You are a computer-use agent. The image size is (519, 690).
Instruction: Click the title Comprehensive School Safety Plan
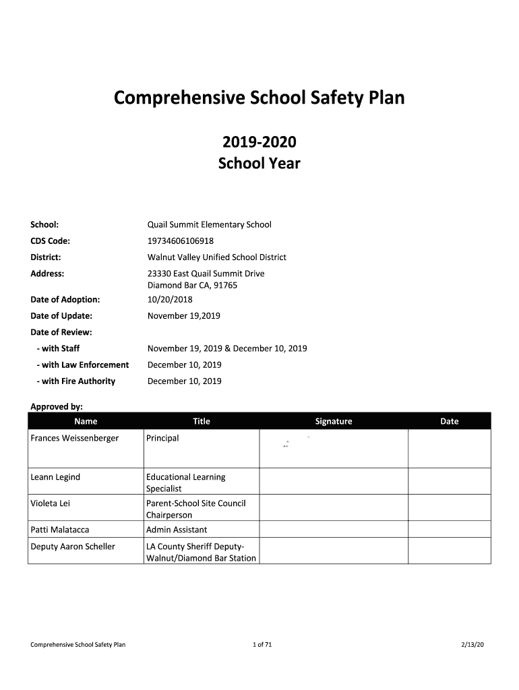point(259,98)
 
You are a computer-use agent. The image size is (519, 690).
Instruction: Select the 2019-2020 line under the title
point(259,143)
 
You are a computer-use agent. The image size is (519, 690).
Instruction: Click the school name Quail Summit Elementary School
point(210,224)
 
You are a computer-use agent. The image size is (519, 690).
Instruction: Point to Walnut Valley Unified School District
point(217,257)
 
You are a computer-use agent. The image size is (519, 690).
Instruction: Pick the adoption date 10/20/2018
point(170,299)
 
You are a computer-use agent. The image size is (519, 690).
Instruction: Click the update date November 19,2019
point(184,315)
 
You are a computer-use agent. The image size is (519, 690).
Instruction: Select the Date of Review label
point(61,332)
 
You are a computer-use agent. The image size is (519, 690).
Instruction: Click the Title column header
point(202,421)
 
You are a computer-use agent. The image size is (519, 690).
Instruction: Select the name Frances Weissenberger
point(75,438)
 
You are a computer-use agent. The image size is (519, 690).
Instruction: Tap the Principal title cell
point(162,438)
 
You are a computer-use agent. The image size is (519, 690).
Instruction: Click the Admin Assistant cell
point(177,530)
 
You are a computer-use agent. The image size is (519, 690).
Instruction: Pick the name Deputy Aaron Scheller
point(73,546)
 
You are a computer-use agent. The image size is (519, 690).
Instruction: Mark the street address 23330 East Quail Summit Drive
point(206,274)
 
